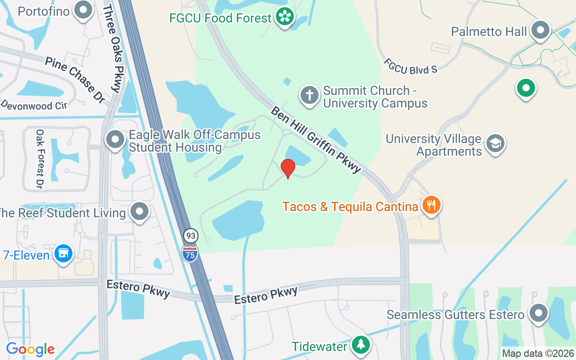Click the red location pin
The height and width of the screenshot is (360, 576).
pyautogui.click(x=288, y=168)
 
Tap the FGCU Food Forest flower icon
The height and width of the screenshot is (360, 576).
pyautogui.click(x=284, y=17)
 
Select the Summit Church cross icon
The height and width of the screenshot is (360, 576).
pyautogui.click(x=309, y=95)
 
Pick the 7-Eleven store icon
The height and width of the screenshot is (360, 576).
pyautogui.click(x=63, y=254)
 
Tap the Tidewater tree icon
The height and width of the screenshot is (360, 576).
pyautogui.click(x=360, y=345)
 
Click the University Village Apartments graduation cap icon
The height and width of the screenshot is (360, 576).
pyautogui.click(x=495, y=144)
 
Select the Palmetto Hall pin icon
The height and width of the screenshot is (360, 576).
pyautogui.click(x=540, y=31)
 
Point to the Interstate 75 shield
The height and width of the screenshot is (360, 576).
pyautogui.click(x=190, y=253)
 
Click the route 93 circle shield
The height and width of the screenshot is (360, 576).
pyautogui.click(x=191, y=235)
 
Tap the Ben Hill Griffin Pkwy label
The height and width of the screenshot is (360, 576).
pyautogui.click(x=316, y=139)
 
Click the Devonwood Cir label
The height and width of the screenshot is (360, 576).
pyautogui.click(x=34, y=104)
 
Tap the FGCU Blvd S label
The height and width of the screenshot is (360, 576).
pyautogui.click(x=410, y=66)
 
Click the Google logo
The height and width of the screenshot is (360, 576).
pyautogui.click(x=30, y=349)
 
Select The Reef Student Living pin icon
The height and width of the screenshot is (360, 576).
pyautogui.click(x=139, y=211)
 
